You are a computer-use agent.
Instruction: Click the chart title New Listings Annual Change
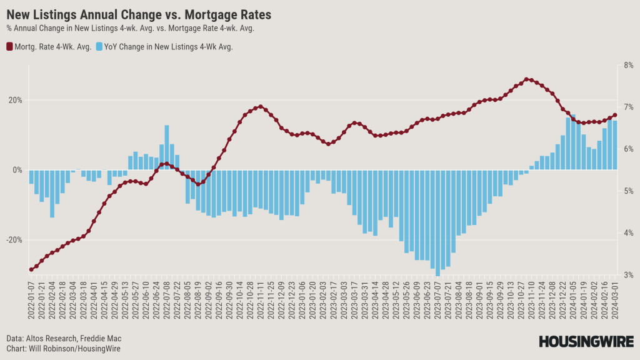pos(138,14)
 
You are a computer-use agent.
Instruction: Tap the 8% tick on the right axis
pos(628,65)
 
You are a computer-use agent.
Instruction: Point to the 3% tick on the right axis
pos(628,275)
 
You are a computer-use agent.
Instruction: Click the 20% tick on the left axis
pos(16,100)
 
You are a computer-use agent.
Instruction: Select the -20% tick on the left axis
pos(14,240)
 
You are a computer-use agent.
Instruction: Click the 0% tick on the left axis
pos(17,170)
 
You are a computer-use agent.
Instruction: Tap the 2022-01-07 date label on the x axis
pos(31,301)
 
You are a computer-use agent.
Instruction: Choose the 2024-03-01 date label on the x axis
pos(615,301)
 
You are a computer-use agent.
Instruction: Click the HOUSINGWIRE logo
pos(586,341)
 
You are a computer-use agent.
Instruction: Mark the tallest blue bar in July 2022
pos(167,147)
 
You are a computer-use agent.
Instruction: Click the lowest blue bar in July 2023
pos(437,222)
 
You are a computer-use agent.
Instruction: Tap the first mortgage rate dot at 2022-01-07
pos(31,269)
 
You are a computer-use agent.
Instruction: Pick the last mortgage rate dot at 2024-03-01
pos(615,114)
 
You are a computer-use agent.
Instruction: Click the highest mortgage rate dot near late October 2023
pos(527,79)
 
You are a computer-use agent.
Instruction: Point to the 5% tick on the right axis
pos(628,191)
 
